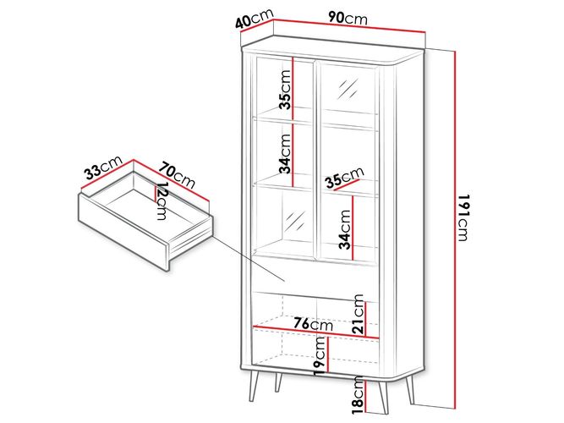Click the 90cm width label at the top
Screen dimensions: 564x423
coord(348,18)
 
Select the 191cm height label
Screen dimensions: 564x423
coord(463,217)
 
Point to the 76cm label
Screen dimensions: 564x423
coord(314,324)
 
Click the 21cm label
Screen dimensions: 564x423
coord(359,313)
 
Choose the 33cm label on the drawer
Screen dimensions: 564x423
coord(103,168)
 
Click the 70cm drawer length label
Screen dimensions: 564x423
coord(178,175)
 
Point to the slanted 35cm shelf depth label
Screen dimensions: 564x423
coord(344,178)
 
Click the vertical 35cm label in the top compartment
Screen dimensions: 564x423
coord(285,90)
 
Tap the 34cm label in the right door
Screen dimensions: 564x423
coord(345,229)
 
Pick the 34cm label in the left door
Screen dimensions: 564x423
coord(285,154)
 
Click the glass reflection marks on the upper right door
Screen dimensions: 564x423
coord(348,89)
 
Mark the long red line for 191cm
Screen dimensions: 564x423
coord(455,229)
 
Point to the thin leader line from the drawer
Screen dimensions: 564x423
coord(249,259)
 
